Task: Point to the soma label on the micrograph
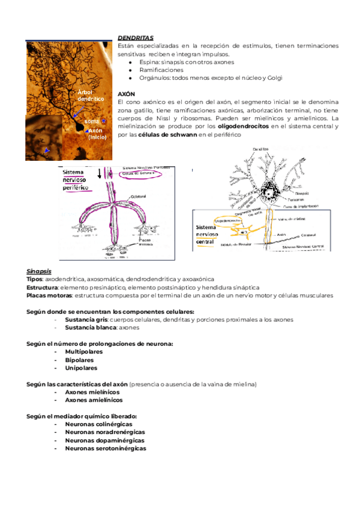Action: [x=92, y=121]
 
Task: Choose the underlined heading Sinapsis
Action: [x=39, y=271]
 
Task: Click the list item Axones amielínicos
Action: [x=94, y=400]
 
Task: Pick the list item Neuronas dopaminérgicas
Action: [x=104, y=440]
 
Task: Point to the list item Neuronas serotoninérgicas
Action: [x=106, y=448]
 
